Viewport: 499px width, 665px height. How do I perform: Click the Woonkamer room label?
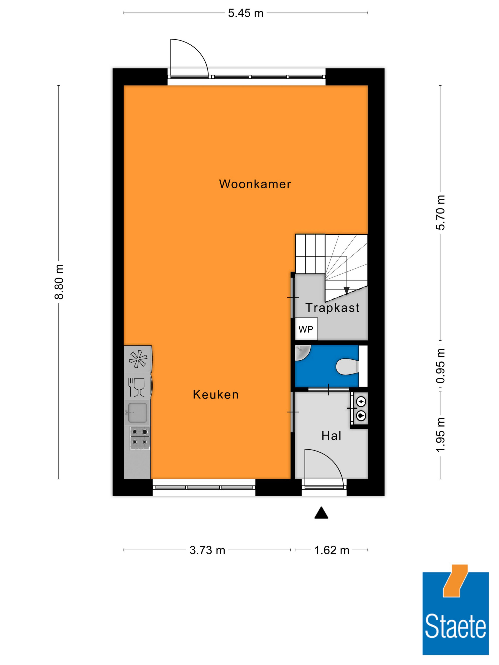255,184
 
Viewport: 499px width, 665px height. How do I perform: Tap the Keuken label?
216,394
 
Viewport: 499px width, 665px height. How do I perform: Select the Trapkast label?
332,307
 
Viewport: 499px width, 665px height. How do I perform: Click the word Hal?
331,436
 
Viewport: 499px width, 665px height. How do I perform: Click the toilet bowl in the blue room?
347,367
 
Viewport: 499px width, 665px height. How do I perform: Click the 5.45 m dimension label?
246,13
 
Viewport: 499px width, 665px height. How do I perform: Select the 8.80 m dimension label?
59,282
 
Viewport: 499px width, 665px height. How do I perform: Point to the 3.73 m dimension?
207,550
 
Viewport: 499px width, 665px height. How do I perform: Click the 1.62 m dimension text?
332,550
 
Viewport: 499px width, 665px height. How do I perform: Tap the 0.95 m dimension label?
440,366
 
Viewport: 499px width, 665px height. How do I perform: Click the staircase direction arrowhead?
347,291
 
